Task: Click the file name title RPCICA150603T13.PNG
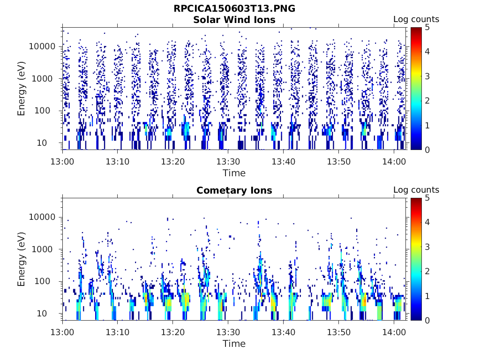[x=234, y=9]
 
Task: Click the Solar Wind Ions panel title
[x=234, y=20]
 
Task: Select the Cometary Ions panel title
[x=234, y=190]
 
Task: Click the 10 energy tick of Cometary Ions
[x=51, y=313]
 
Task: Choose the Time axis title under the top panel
[x=234, y=173]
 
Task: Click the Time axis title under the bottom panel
[x=234, y=344]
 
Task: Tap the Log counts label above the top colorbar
[x=416, y=19]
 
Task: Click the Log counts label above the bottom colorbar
[x=416, y=190]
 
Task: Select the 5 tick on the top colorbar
[x=428, y=27]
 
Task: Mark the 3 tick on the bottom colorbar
[x=428, y=247]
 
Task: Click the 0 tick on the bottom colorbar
[x=428, y=320]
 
